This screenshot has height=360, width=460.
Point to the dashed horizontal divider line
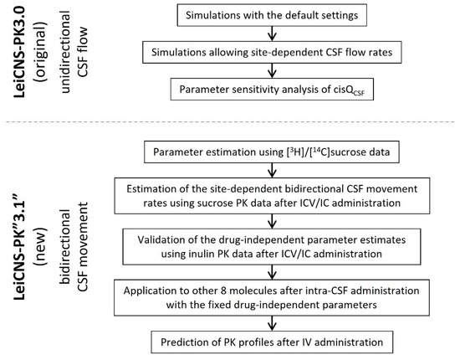230,126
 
